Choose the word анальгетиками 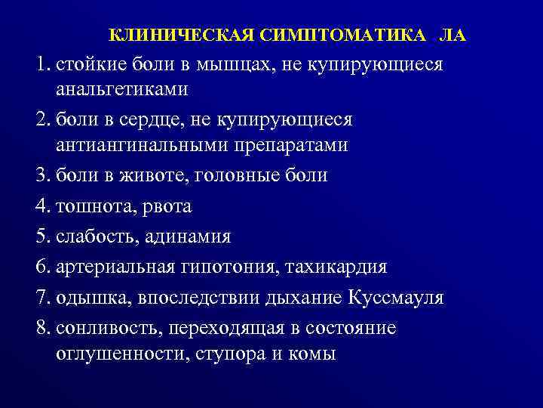click(121, 89)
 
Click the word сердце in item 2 click(140, 120)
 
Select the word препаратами click(293, 145)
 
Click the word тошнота click(89, 206)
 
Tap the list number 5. click(41, 236)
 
